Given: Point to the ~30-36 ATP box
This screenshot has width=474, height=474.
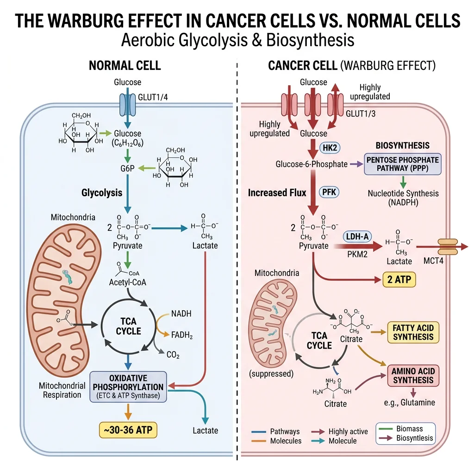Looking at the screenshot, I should click(128, 430).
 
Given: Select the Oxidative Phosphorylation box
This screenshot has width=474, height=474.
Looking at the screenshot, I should click(128, 387).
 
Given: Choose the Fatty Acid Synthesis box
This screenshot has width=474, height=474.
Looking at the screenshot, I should click(413, 332).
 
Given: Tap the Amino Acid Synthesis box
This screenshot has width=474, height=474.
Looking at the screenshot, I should click(413, 376).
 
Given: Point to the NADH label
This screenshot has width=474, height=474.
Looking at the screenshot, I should click(181, 314).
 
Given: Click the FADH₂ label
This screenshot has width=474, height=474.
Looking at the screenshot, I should click(181, 335).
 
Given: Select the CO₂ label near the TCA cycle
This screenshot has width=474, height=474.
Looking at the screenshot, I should click(173, 355).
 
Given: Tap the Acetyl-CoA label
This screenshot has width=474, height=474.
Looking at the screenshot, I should click(127, 282).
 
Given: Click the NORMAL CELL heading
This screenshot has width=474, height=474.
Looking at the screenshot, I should click(125, 65).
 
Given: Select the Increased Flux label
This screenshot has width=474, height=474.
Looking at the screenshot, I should click(277, 192).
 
